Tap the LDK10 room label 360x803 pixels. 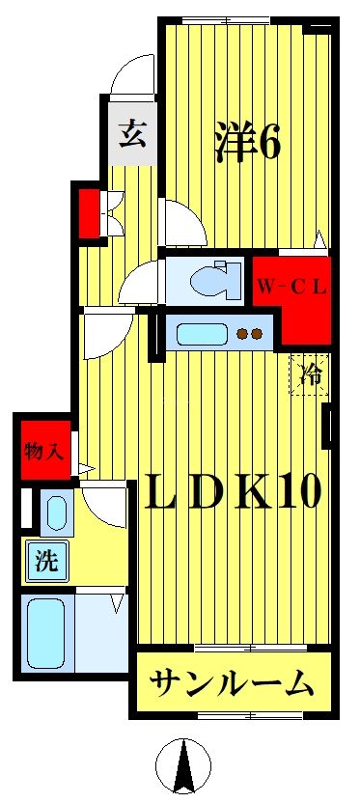click(233, 492)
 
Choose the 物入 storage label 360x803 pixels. click(42, 450)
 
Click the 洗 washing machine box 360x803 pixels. click(46, 562)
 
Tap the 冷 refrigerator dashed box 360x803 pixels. click(310, 375)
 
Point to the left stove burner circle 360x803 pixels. click(243, 335)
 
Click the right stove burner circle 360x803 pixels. click(259, 335)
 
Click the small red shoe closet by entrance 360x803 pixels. click(89, 213)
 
